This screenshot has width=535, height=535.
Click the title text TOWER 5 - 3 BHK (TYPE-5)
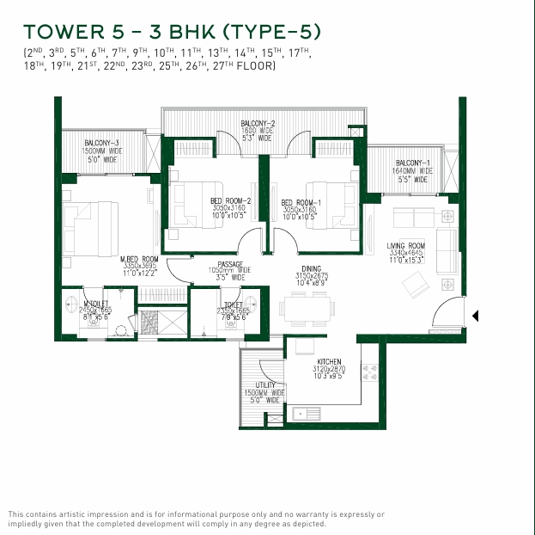click(x=172, y=33)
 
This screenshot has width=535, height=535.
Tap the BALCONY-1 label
click(x=412, y=163)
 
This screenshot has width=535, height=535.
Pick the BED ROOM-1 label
click(x=298, y=203)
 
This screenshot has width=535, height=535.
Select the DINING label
click(x=311, y=268)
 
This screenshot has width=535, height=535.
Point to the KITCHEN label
click(x=330, y=362)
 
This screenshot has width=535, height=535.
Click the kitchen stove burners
click(x=370, y=372)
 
